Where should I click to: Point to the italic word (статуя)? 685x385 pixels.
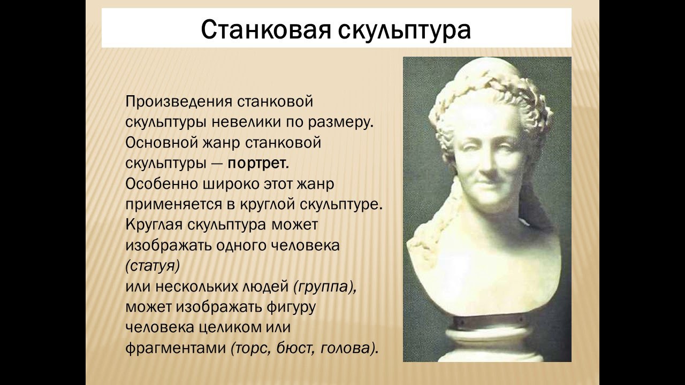click(153, 265)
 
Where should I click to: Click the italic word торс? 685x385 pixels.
click(252, 349)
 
